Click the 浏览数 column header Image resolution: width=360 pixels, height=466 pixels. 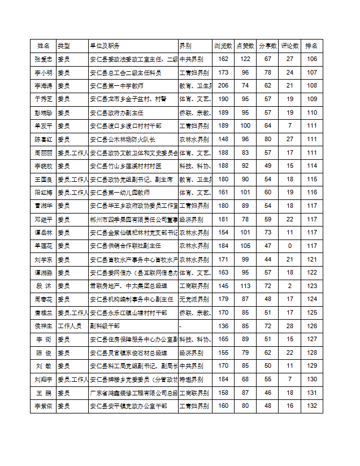point(223,46)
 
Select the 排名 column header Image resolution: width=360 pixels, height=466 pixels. point(311,46)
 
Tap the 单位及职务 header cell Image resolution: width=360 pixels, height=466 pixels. point(105,46)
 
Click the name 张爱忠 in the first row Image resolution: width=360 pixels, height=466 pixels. point(44,59)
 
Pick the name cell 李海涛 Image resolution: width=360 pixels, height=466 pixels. point(44,86)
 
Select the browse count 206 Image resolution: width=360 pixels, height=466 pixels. point(223,86)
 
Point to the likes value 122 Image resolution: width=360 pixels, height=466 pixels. point(245,59)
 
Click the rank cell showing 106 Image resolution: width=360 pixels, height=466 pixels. point(311,59)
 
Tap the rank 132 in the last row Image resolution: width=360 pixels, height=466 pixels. point(311,406)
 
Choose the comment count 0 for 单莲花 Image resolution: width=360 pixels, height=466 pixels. point(289,246)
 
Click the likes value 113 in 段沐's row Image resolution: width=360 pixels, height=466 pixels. point(245,286)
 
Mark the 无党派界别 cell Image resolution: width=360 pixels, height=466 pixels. point(192,299)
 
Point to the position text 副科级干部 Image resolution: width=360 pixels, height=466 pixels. point(105,326)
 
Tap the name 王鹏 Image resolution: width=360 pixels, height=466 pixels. point(44,393)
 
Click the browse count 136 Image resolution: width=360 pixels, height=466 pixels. point(223,326)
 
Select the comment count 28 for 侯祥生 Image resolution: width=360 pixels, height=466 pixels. point(289,326)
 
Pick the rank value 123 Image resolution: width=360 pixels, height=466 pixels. point(311,286)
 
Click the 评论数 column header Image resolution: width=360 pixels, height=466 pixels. point(289,46)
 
